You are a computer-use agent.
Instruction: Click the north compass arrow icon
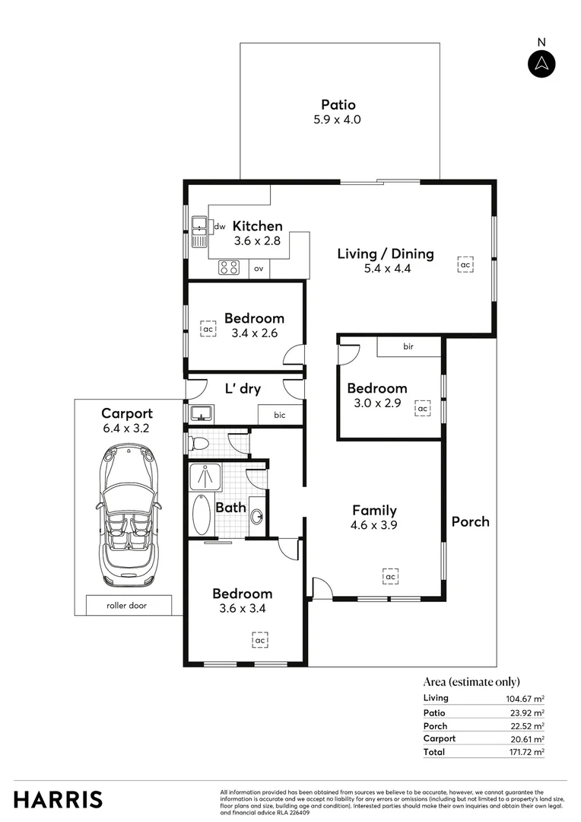pyautogui.click(x=541, y=64)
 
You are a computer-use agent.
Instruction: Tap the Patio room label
pyautogui.click(x=338, y=105)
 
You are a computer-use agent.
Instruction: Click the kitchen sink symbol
pyautogui.click(x=200, y=232)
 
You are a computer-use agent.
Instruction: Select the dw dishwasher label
pyautogui.click(x=219, y=226)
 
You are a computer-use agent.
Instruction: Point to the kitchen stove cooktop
pyautogui.click(x=229, y=268)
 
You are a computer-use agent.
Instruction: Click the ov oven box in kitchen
pyautogui.click(x=259, y=269)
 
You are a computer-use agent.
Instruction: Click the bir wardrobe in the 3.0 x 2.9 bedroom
pyautogui.click(x=408, y=346)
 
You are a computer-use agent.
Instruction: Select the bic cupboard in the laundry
pyautogui.click(x=280, y=415)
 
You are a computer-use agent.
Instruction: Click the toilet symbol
pyautogui.click(x=200, y=442)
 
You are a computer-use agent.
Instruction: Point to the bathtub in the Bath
pyautogui.click(x=201, y=515)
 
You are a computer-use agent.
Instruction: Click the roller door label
pyautogui.click(x=128, y=606)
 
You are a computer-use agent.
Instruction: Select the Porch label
pyautogui.click(x=470, y=521)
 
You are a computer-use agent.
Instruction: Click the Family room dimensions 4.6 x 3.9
pyautogui.click(x=374, y=524)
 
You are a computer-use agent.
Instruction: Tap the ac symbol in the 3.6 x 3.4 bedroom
pyautogui.click(x=260, y=640)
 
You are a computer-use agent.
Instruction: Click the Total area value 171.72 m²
pyautogui.click(x=527, y=752)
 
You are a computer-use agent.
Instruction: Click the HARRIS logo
pyautogui.click(x=58, y=799)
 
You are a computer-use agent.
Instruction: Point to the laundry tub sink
pyautogui.click(x=201, y=413)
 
